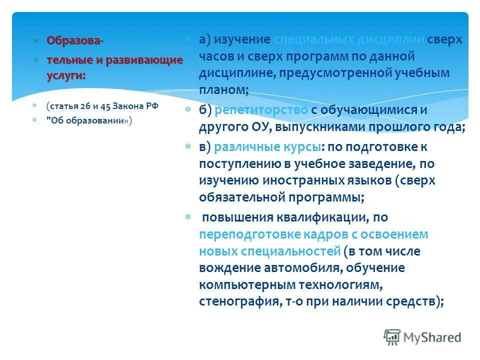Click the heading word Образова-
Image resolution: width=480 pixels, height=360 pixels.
click(75, 40)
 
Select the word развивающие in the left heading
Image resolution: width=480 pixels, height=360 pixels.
click(148, 60)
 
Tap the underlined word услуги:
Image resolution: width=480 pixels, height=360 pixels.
click(66, 74)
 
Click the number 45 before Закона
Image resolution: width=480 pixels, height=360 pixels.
click(104, 106)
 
